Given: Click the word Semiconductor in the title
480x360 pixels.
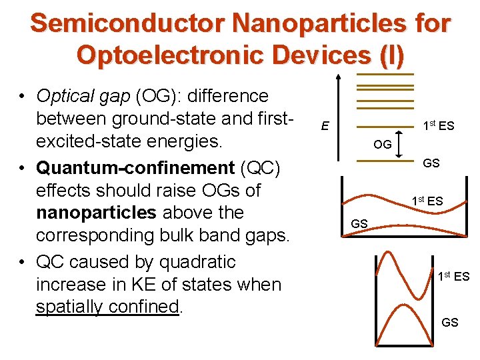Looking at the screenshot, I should [x=126, y=23].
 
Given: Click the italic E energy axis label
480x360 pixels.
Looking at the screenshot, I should [x=323, y=125].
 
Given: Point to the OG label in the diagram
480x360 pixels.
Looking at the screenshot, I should [x=382, y=143].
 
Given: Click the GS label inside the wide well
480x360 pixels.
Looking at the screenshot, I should [x=359, y=224].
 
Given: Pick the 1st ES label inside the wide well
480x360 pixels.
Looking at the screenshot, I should [x=427, y=201].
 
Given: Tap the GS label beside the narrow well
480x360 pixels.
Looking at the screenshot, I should [x=450, y=323].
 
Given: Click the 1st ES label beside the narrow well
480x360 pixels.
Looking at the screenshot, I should [x=453, y=276].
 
